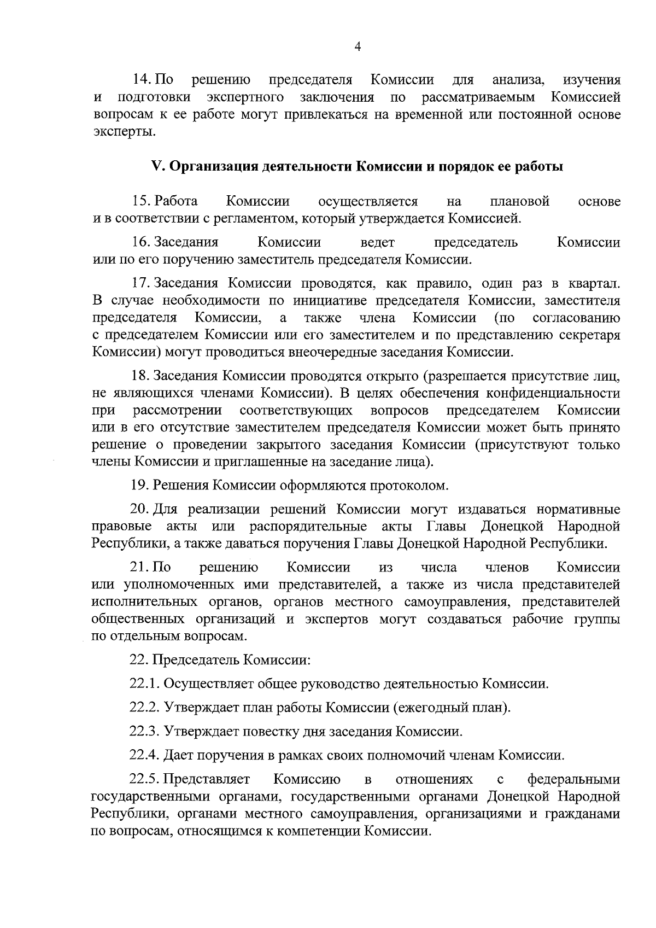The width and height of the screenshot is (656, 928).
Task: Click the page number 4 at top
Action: point(358,48)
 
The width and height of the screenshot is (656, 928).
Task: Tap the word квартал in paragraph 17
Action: point(596,283)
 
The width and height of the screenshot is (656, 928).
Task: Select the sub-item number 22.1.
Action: point(144,684)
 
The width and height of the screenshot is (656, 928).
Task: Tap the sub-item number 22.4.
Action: point(144,756)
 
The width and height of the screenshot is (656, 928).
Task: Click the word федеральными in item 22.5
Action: point(573,779)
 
